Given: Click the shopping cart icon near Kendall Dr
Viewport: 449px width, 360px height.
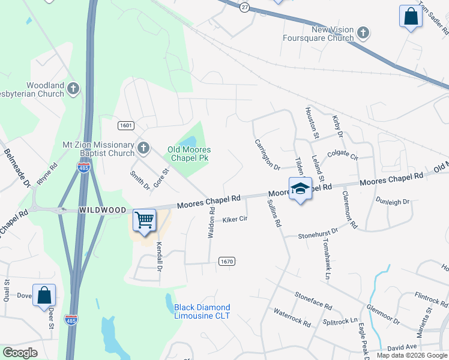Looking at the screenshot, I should point(144,220).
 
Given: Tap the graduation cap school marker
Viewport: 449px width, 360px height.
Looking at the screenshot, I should point(300,190).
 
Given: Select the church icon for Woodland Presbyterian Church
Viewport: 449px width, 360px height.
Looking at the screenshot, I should point(73,89).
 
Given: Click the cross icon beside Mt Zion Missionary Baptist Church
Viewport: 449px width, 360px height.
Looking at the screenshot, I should point(143,148).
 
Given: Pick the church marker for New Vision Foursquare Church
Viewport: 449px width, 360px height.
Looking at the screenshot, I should point(363,32).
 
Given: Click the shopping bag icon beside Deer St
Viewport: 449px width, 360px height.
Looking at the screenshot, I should point(44,295).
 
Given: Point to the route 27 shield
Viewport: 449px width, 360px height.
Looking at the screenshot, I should point(244,7).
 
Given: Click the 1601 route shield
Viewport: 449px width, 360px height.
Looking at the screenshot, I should point(125,125).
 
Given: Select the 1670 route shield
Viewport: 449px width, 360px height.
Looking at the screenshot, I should point(226,261).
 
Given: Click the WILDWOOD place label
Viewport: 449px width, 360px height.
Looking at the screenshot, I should point(102,211).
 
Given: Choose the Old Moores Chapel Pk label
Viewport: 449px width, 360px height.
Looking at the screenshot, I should point(189,154).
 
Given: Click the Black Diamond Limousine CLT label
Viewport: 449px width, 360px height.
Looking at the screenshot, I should point(202,311).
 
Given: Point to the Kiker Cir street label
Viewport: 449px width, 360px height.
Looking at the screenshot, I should point(235,220).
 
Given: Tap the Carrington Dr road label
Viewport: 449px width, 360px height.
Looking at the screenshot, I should point(267,154).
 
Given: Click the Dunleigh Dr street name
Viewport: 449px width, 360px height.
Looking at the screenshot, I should point(392,202).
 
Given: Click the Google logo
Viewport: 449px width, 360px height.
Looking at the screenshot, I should point(20,353).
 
